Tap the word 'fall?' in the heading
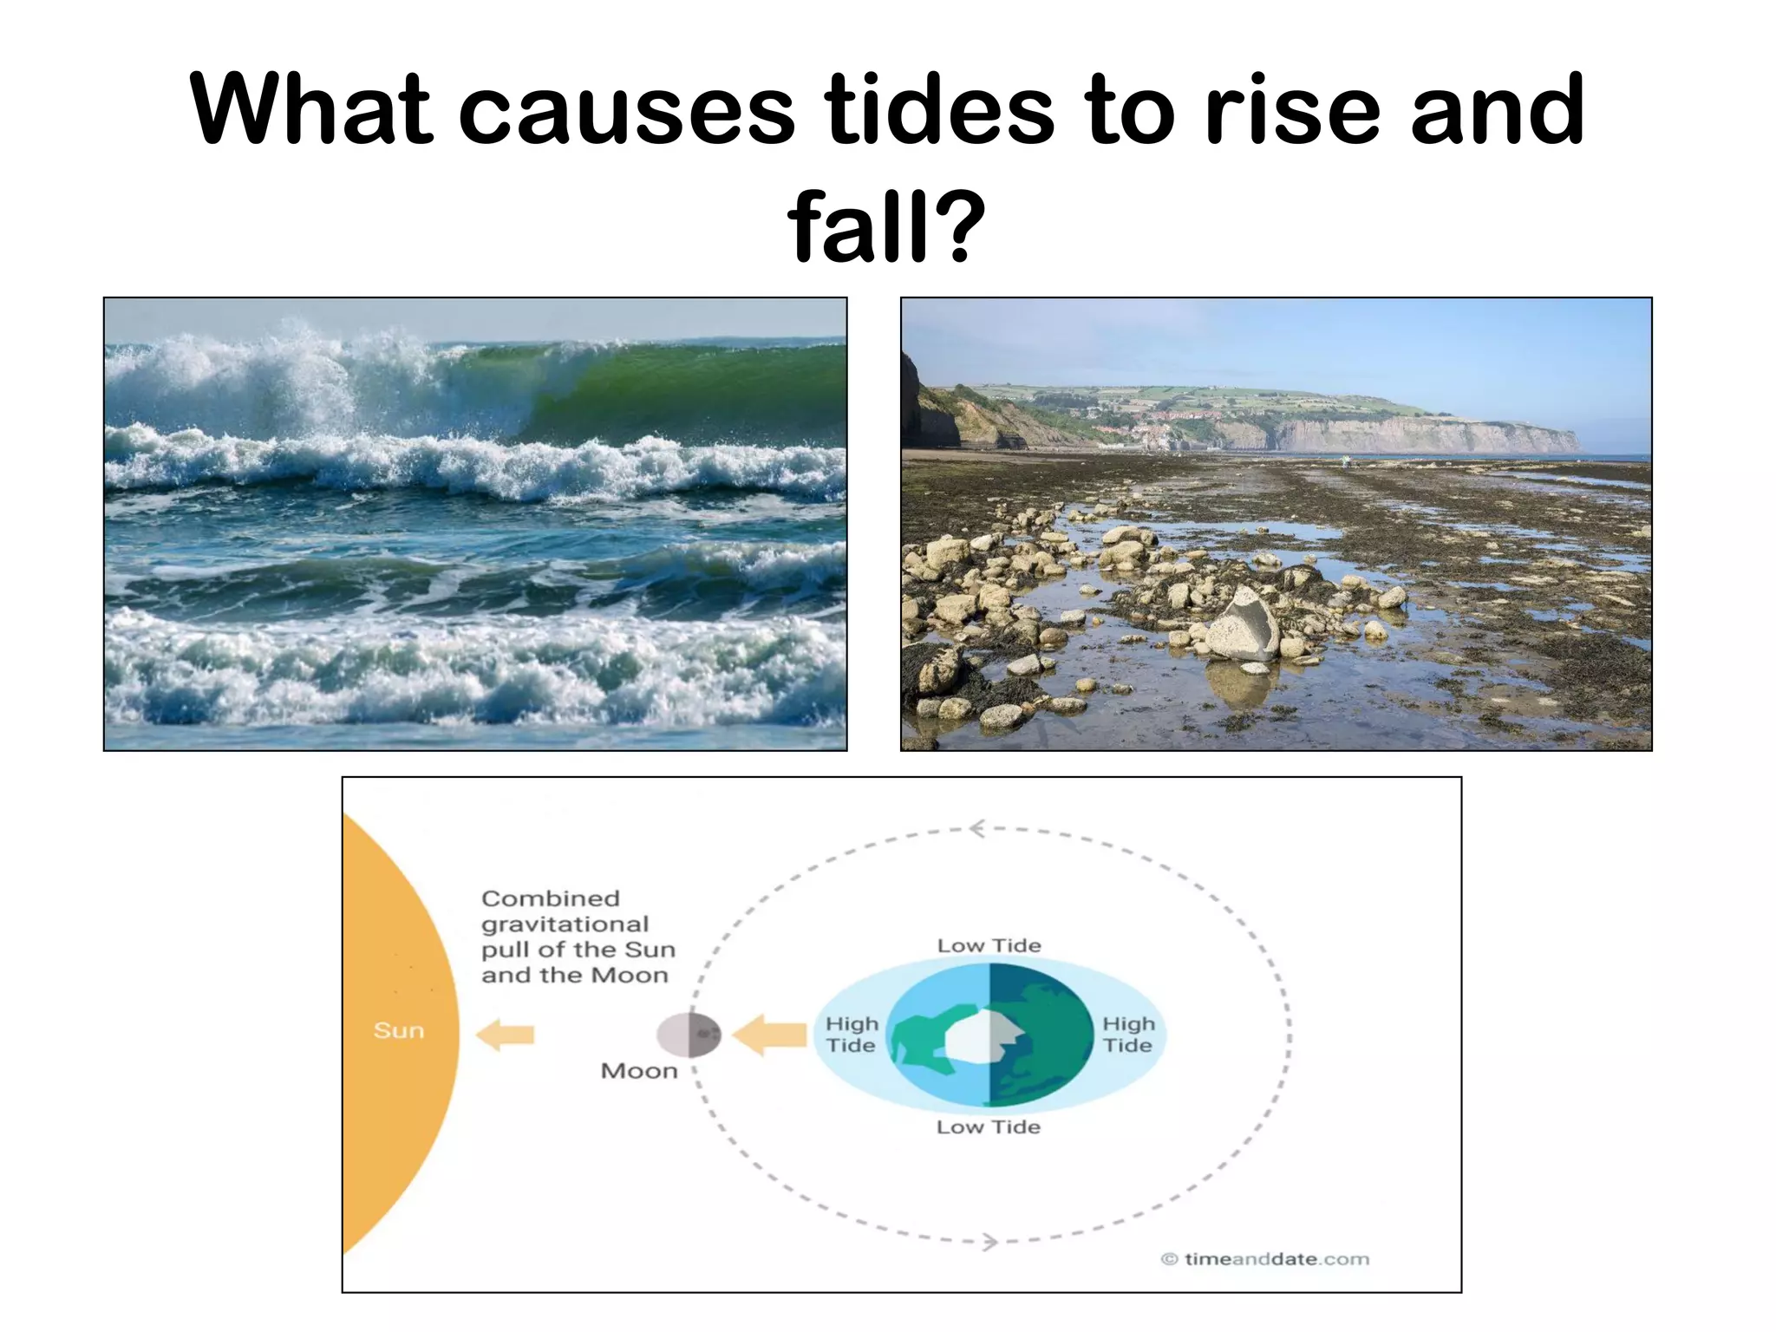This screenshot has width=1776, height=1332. point(886,226)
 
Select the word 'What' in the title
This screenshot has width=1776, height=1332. point(311,110)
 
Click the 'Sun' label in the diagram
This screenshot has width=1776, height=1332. point(399,1030)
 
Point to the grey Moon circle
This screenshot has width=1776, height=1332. point(689,1035)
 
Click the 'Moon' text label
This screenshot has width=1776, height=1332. point(639,1071)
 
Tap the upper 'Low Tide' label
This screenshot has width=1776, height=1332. point(989,945)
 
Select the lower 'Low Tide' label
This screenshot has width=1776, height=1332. point(988,1126)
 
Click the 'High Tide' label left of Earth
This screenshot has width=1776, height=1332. point(852,1035)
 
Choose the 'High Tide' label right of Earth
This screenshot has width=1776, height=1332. point(1128,1035)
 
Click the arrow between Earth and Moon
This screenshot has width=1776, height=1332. point(770,1035)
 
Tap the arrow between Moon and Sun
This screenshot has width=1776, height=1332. point(506,1035)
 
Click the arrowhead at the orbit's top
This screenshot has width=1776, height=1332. point(977,829)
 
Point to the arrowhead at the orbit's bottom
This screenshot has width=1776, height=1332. point(990,1242)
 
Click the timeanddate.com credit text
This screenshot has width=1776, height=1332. point(1276,1259)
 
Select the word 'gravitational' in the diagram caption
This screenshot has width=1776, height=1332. point(565,924)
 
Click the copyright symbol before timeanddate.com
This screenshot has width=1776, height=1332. point(1169,1259)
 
